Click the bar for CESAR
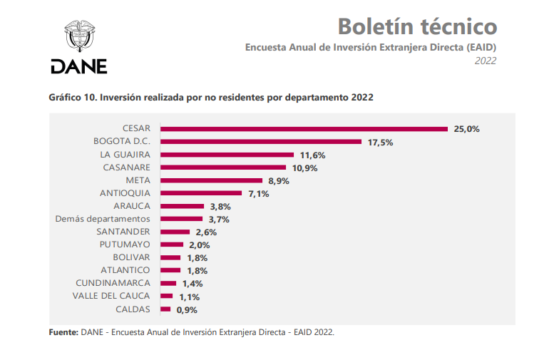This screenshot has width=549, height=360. (304, 129)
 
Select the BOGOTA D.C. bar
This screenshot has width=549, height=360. (261, 142)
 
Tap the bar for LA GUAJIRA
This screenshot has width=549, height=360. (227, 155)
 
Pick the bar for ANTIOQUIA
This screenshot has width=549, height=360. (202, 193)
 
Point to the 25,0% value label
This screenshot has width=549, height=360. (467, 129)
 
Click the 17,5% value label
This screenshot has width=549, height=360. (381, 142)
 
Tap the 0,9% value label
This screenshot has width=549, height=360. (186, 309)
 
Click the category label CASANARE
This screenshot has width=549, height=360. (126, 167)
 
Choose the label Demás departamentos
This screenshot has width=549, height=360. (103, 218)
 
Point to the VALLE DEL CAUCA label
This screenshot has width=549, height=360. (112, 296)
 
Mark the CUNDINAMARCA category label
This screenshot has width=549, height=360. (116, 283)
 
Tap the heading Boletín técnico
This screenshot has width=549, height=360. (417, 26)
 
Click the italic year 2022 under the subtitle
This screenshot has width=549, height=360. (486, 61)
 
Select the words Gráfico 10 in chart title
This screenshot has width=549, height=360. (71, 97)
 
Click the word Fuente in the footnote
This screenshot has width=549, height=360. (63, 332)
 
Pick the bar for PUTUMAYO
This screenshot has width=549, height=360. (173, 245)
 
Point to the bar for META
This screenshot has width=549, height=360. (212, 180)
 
